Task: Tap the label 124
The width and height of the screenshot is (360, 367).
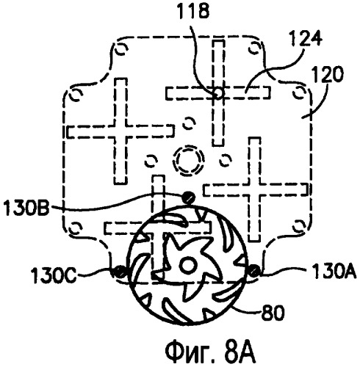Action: pyautogui.click(x=306, y=39)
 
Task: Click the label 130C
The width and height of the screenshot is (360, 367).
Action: pyautogui.click(x=54, y=275)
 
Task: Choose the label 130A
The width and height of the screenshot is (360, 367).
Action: pyautogui.click(x=332, y=272)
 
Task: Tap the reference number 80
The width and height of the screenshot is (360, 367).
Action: pyautogui.click(x=273, y=313)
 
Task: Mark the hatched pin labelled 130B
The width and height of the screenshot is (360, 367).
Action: pyautogui.click(x=188, y=197)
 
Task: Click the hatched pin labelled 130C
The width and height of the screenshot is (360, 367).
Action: pyautogui.click(x=120, y=272)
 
